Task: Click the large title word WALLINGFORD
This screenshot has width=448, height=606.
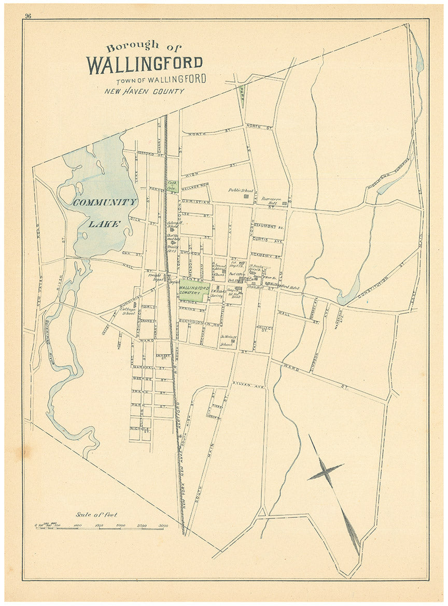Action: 145,63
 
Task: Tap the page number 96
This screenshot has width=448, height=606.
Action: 27,16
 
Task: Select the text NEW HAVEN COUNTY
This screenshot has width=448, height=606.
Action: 144,92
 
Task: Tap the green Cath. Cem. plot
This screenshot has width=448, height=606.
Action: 172,186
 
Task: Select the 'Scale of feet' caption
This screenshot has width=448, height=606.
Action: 96,515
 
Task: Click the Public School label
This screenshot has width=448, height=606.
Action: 240,190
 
